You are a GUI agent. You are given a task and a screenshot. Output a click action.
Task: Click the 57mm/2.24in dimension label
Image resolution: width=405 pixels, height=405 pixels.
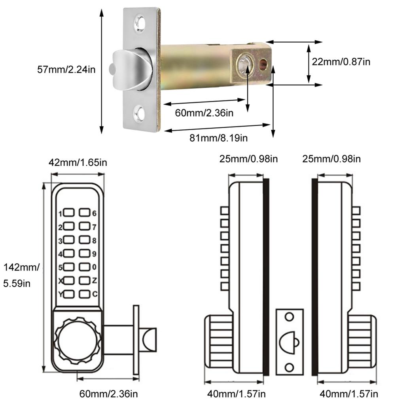(x=66, y=70)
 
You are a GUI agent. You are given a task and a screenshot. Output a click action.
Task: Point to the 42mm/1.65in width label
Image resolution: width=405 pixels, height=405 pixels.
(x=78, y=162)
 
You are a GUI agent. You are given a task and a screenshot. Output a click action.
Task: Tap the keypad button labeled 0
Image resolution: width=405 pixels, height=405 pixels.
(x=85, y=267)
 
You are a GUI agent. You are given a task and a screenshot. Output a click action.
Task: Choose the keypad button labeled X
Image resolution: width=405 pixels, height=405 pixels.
(x=69, y=280)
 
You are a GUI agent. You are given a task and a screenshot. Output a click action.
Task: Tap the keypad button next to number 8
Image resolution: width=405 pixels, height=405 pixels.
(x=85, y=240)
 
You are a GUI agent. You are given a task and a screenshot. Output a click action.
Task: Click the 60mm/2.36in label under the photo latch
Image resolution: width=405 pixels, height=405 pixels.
(x=204, y=113)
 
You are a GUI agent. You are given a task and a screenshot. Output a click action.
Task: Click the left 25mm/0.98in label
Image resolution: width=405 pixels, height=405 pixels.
(x=249, y=159)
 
